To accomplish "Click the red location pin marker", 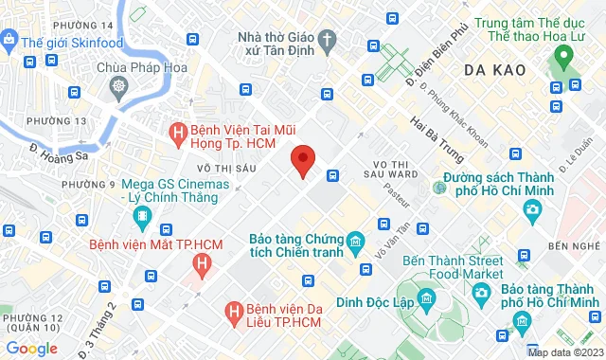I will (302, 161).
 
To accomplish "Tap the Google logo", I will (31, 348).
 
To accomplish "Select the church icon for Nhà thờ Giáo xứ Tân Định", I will (328, 40).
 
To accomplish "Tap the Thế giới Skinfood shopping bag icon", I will (9, 40).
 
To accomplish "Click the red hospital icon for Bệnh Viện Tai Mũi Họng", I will (175, 134).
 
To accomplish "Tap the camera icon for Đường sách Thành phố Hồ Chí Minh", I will (534, 208).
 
